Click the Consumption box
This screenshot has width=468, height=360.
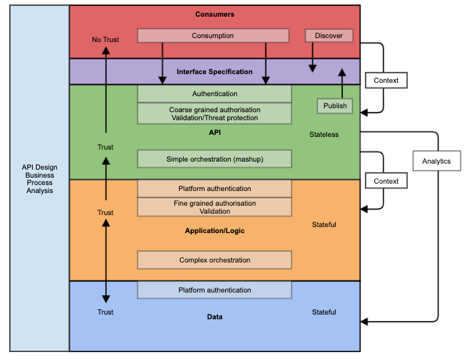213,35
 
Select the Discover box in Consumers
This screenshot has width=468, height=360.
328,35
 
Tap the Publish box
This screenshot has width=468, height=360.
335,106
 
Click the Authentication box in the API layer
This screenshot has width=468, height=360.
215,94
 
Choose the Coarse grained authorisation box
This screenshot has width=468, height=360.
215,114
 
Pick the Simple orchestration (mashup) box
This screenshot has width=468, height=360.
215,159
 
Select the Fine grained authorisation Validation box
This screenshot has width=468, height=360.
215,207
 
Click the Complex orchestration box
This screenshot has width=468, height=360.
215,260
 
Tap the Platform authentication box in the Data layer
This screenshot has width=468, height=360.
215,290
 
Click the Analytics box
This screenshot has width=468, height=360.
437,161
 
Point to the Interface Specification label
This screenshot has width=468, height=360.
215,71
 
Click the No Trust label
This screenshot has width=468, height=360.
106,40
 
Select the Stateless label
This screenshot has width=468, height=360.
324,134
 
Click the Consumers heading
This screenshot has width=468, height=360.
215,14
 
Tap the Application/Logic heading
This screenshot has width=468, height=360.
215,230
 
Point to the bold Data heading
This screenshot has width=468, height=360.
215,317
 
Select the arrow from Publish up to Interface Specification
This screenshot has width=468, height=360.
343,83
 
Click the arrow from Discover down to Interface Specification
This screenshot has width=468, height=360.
312,57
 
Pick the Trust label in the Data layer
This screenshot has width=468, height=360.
106,312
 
